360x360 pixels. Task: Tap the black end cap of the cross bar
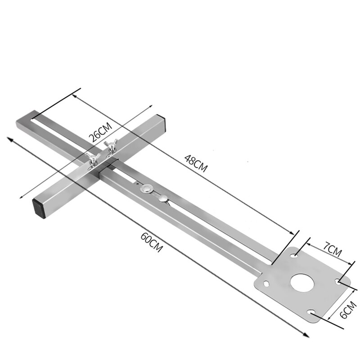40,208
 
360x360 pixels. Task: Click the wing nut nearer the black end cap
93,157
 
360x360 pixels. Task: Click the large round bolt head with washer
146,189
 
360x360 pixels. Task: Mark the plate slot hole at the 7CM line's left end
295,256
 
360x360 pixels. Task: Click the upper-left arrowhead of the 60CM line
9,139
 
